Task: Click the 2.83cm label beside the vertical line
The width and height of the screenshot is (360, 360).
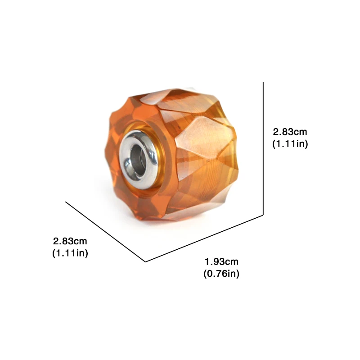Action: pyautogui.click(x=290, y=132)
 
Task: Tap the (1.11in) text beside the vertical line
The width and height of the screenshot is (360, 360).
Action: pyautogui.click(x=290, y=144)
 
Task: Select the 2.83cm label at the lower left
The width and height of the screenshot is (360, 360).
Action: pyautogui.click(x=70, y=241)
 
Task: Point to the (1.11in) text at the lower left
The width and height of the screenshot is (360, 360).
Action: pyautogui.click(x=70, y=253)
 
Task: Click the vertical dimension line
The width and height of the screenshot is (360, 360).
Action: pyautogui.click(x=263, y=148)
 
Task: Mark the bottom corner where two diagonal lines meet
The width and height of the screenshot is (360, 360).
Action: pyautogui.click(x=145, y=261)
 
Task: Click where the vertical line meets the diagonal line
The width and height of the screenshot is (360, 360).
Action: pyautogui.click(x=263, y=215)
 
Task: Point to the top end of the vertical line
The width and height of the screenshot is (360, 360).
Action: pyautogui.click(x=263, y=82)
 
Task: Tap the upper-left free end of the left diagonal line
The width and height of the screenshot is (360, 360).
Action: pyautogui.click(x=66, y=202)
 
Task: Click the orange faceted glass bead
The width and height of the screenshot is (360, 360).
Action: pyautogui.click(x=202, y=148)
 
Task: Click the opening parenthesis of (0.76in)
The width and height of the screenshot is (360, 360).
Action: pyautogui.click(x=205, y=274)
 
